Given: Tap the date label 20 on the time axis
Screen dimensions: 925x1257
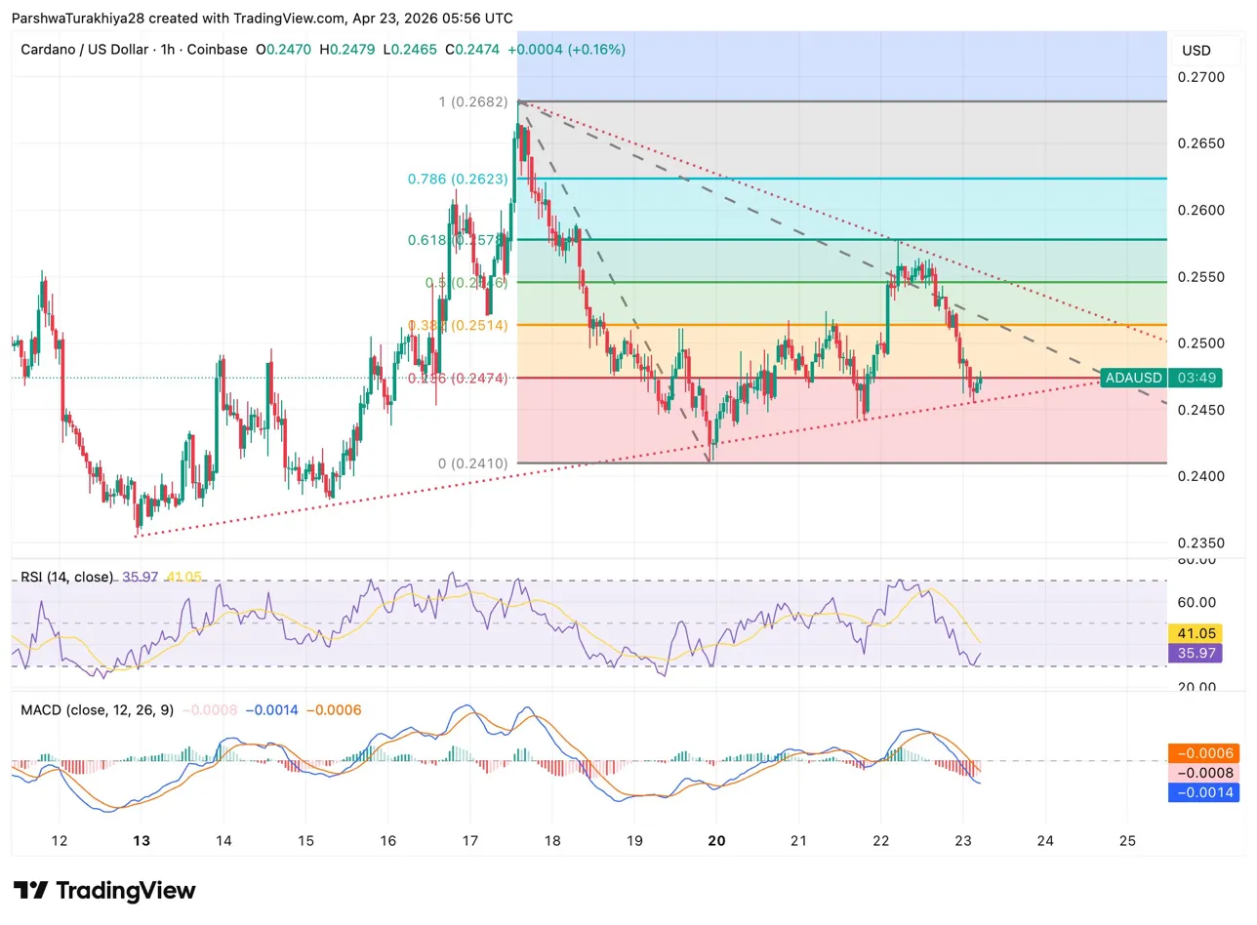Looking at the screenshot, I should [x=716, y=841].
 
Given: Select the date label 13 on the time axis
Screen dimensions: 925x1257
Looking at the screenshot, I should [x=142, y=841].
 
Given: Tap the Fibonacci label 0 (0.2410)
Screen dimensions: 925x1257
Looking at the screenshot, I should [x=472, y=463].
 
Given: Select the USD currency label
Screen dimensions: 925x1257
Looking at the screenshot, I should [x=1196, y=50].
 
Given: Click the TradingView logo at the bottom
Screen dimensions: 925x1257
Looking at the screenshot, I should [x=105, y=890].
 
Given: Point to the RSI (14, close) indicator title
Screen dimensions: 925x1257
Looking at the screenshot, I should [x=66, y=578].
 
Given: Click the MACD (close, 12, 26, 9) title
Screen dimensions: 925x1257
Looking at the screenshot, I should [x=97, y=709].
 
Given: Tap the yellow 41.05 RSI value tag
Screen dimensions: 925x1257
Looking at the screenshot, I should [x=1196, y=632].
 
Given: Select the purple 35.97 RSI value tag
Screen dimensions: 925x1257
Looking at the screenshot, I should [x=1196, y=653].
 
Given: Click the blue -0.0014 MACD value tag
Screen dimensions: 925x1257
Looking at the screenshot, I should [x=1196, y=793].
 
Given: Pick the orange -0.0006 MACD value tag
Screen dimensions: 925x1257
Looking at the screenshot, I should [x=1196, y=753].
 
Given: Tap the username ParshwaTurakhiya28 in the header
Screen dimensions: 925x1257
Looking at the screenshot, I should [x=78, y=19].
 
